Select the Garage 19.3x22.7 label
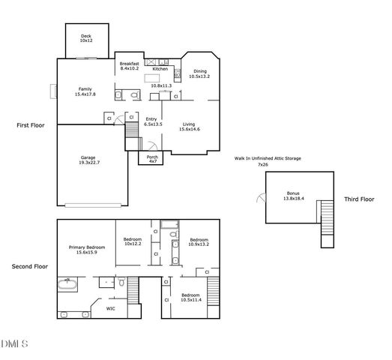[88, 160]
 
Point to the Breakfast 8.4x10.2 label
[129, 66]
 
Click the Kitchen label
[160, 69]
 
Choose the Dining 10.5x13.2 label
[199, 73]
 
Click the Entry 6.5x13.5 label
[151, 121]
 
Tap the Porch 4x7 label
[152, 159]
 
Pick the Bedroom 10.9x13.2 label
[199, 242]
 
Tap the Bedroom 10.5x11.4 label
[190, 297]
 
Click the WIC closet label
[110, 308]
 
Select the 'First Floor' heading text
[32, 125]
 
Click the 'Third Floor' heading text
[360, 199]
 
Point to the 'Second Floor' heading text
[30, 266]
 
